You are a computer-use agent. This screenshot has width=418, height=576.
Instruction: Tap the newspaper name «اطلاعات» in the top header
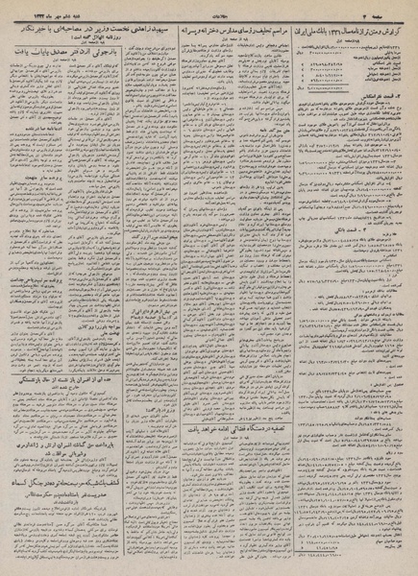tap(207, 8)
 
